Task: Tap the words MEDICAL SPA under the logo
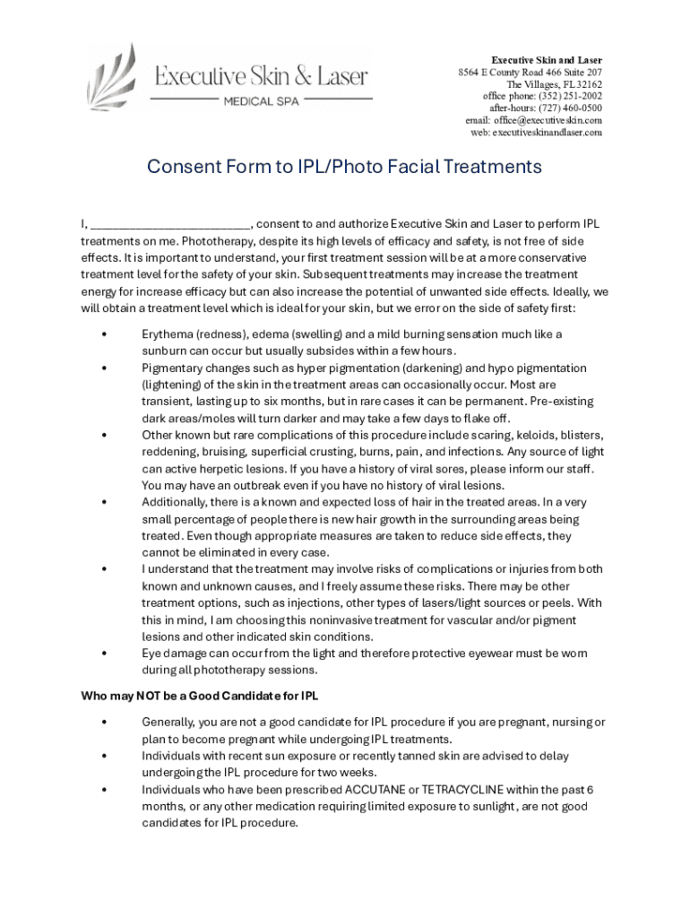tap(261, 101)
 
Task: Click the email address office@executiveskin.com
tap(548, 120)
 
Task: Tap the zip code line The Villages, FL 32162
tap(555, 84)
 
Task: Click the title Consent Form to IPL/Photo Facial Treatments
tap(344, 167)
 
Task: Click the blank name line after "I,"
tap(170, 224)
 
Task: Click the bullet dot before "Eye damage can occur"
tap(105, 654)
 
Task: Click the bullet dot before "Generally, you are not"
tap(105, 723)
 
